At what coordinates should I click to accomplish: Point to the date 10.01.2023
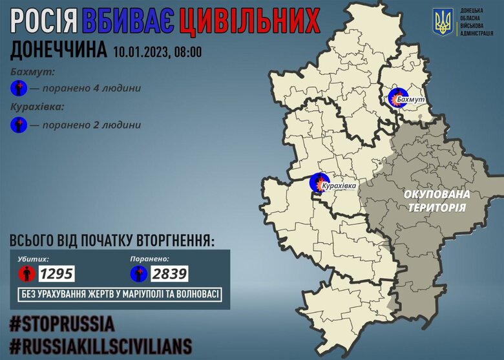click(x=140, y=52)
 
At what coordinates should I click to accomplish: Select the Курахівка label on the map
click(x=338, y=185)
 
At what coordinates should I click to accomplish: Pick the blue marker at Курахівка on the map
click(x=317, y=183)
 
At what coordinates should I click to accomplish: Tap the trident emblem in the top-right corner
click(x=443, y=24)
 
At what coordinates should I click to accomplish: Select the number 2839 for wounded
click(x=169, y=273)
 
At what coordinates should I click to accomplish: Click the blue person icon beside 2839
click(x=139, y=273)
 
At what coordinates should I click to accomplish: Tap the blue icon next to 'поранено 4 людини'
click(x=19, y=89)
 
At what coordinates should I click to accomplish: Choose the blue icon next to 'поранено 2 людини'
click(x=19, y=125)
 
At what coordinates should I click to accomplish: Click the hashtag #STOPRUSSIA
click(x=62, y=323)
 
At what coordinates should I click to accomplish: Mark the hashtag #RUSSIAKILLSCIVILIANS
click(x=101, y=343)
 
